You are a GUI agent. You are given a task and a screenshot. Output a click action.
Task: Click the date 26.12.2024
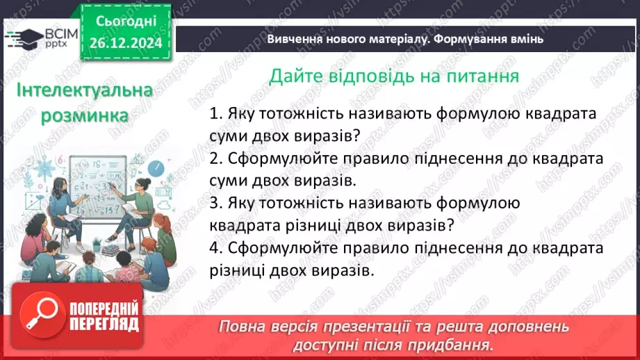(x=125, y=44)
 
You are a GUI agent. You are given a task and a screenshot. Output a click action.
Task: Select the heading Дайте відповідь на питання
(x=394, y=75)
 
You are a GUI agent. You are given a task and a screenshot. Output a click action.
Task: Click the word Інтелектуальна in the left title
(x=75, y=91)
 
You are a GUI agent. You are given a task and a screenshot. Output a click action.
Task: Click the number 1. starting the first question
(x=215, y=113)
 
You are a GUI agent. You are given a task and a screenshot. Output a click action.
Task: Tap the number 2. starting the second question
(x=215, y=158)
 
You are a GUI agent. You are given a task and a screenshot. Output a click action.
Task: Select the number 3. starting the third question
(x=215, y=203)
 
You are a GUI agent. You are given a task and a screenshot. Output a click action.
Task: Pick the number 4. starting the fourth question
(x=215, y=248)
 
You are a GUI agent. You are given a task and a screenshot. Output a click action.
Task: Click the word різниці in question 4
(x=237, y=270)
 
